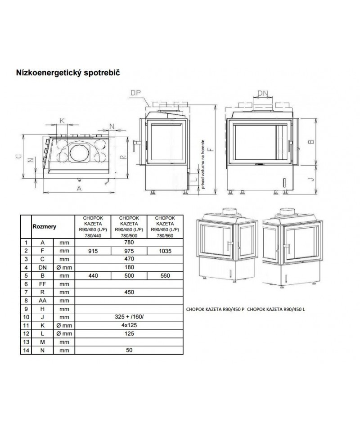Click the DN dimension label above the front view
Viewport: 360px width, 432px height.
[263, 93]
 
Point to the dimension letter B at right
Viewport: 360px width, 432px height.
[310, 141]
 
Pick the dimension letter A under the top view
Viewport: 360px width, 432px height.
[79, 189]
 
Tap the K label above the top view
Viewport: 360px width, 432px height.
[62, 121]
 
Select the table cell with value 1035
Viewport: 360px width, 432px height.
[165, 251]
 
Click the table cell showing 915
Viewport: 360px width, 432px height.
[91, 251]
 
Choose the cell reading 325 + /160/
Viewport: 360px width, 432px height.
[128, 317]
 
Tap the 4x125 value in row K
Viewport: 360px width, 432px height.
[128, 325]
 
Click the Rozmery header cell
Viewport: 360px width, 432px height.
[44, 227]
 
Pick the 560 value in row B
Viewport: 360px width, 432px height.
[165, 275]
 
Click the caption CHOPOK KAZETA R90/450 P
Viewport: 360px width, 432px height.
[215, 310]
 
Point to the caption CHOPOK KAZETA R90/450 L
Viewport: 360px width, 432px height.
[276, 310]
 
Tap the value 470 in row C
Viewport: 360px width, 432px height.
[128, 259]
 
